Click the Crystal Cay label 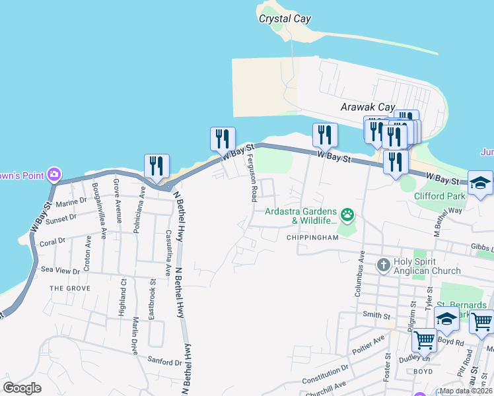(285, 19)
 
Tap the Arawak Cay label (367, 107)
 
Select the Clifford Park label (441, 195)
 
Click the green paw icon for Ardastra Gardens (347, 214)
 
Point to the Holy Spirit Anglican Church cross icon (383, 265)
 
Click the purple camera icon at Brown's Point (53, 175)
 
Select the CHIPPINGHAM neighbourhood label (312, 238)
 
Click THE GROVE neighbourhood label (69, 288)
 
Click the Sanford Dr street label (164, 362)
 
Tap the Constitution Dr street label (324, 378)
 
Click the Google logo (22, 388)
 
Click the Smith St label (376, 315)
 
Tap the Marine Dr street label (72, 201)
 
